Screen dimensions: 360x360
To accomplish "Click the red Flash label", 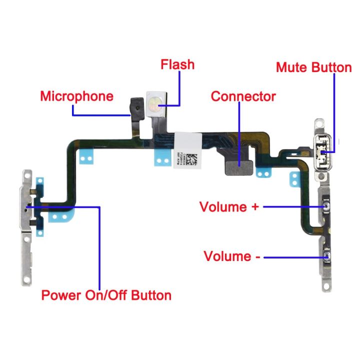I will [177, 65].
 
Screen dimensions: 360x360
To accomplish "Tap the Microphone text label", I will [77, 96].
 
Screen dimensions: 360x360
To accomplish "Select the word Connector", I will [243, 96].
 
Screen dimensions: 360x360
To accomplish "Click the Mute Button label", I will [313, 67].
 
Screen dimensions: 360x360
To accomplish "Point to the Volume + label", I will [229, 206].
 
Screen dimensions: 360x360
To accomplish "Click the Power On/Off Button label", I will [106, 295].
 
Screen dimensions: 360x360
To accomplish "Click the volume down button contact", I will [328, 257].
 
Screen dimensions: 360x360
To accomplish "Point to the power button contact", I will [27, 206].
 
